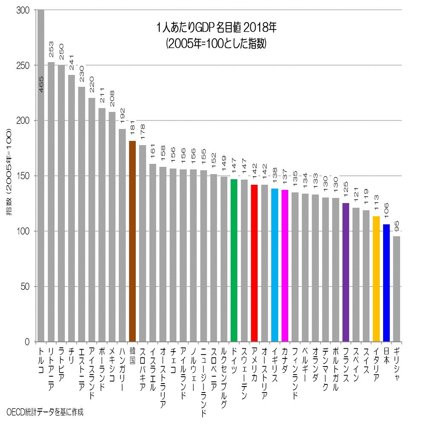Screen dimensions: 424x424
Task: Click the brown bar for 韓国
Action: tap(132, 241)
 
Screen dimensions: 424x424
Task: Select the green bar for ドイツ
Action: tap(234, 260)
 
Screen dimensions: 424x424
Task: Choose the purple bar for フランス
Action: tap(346, 272)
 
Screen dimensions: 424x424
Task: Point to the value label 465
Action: tap(41, 84)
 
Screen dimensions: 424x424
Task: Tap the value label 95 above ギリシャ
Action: tap(397, 224)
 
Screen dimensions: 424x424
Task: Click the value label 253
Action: tap(51, 51)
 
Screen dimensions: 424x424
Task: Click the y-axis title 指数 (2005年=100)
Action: tap(9, 175)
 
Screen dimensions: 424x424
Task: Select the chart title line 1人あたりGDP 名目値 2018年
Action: tap(217, 29)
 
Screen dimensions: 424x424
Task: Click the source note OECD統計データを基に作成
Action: tap(46, 412)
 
